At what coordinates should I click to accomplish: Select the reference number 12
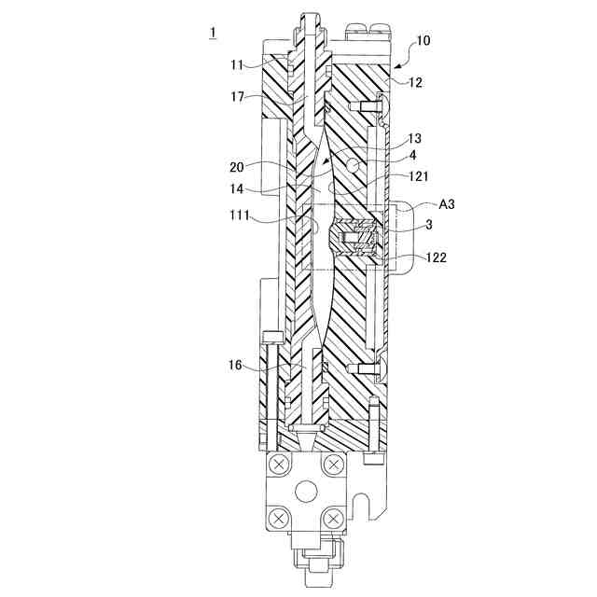tap(415, 83)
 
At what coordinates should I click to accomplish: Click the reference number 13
tap(414, 138)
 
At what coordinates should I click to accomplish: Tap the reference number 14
tap(239, 188)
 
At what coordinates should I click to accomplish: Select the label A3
tap(447, 203)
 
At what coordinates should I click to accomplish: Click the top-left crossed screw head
tap(277, 464)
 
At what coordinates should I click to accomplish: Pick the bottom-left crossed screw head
tap(277, 516)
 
